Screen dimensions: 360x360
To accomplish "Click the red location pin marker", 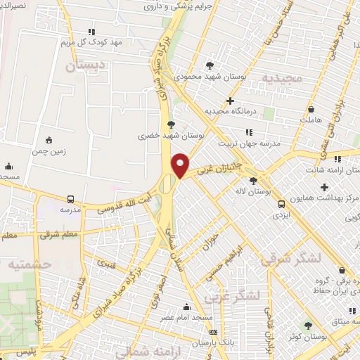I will tap(181, 166).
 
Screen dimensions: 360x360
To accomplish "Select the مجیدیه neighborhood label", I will tap(283, 77).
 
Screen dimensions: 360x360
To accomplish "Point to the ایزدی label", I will tap(281, 214).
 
